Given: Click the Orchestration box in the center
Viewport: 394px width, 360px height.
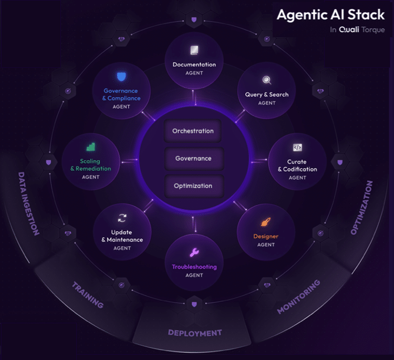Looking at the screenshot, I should tap(193, 131).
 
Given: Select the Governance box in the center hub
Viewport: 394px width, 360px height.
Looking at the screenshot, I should tap(193, 158).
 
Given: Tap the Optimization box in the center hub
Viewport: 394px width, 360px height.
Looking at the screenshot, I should tap(193, 186).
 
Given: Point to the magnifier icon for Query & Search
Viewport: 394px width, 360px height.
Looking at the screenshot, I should tap(266, 81).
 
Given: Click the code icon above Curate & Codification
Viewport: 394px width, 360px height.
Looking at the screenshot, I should tap(297, 148).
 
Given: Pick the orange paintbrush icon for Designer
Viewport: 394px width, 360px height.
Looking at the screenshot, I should tap(266, 223).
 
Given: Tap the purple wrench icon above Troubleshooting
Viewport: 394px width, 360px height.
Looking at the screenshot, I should tap(194, 253).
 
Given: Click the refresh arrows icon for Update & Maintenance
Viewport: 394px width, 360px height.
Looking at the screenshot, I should tap(122, 218).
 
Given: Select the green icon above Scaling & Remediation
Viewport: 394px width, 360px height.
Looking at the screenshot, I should tap(91, 147).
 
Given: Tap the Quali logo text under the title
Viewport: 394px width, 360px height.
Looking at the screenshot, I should tap(348, 30).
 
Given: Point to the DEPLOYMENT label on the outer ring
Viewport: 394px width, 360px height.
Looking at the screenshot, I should tap(194, 333).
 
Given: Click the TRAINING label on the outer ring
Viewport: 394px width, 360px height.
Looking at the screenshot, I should tap(87, 295).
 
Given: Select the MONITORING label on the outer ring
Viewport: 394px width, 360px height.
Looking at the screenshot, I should tap(298, 297).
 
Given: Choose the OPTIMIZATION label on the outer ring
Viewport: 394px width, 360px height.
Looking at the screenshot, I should tap(362, 207).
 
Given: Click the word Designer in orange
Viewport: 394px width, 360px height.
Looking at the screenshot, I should tap(266, 236).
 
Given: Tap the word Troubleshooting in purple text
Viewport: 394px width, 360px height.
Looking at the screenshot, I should tap(194, 267).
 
